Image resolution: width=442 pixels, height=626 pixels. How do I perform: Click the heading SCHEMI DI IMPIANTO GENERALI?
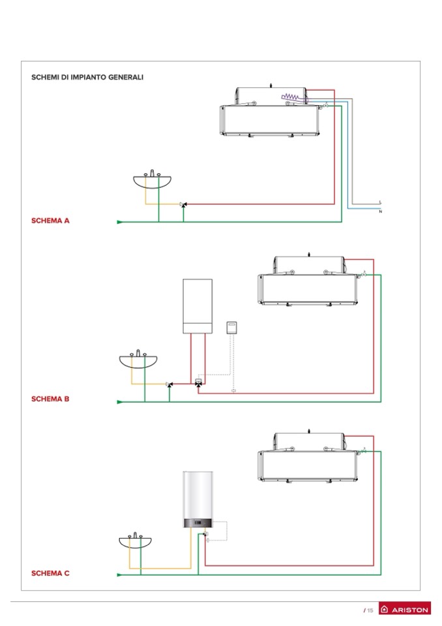[87, 77]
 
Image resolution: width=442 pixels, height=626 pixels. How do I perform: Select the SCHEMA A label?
[50, 221]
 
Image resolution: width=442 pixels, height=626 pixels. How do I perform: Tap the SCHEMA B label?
[50, 399]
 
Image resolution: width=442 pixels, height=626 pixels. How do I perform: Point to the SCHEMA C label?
[50, 573]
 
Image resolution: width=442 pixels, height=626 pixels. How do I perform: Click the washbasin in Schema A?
[152, 180]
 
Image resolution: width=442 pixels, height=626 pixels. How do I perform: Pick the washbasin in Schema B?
[138, 360]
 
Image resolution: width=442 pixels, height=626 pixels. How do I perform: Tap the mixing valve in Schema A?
[184, 205]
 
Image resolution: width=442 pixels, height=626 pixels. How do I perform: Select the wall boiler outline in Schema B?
[198, 305]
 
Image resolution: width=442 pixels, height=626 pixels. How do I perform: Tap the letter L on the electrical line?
[380, 202]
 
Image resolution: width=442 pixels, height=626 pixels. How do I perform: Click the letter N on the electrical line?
[380, 211]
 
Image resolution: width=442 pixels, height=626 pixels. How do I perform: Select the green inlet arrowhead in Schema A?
[120, 222]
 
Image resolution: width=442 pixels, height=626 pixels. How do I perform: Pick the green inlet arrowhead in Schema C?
[120, 575]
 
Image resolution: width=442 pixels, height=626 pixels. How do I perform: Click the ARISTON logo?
[404, 609]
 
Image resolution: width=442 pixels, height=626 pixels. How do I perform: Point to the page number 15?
[370, 610]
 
